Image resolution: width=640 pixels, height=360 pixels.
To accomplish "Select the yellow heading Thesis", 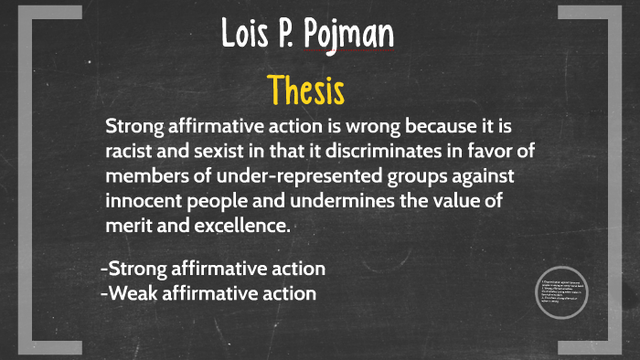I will (305, 90).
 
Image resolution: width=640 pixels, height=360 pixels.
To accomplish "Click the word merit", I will (129, 225).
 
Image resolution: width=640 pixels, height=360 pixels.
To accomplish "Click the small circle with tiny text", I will (561, 292).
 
